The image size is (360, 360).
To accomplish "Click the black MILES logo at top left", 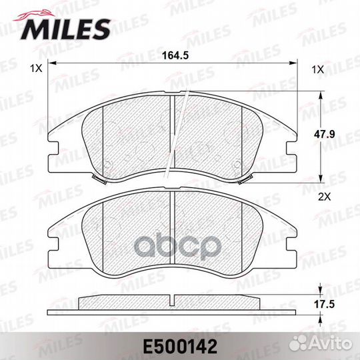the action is pyautogui.click(x=65, y=29).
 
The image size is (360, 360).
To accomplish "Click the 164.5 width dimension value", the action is pyautogui.click(x=175, y=55).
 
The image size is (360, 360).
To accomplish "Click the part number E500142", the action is pyautogui.click(x=180, y=347).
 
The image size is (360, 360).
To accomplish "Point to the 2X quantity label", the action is pyautogui.click(x=325, y=197).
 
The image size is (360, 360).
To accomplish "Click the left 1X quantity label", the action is pyautogui.click(x=36, y=69).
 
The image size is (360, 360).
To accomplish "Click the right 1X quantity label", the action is pyautogui.click(x=317, y=69).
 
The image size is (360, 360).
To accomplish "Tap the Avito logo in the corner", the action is pyautogui.click(x=321, y=344).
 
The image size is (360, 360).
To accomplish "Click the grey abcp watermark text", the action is pyautogui.click(x=177, y=247).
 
